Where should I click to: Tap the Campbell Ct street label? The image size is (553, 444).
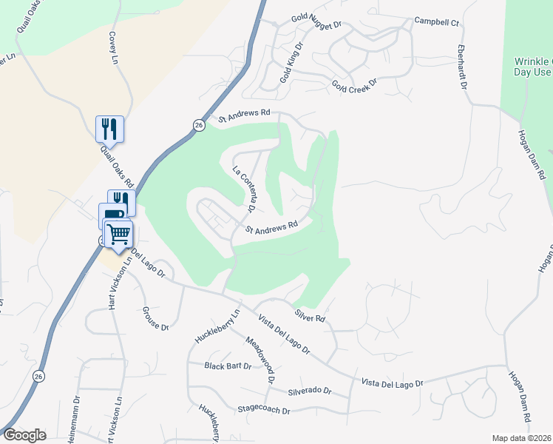(x=437, y=21)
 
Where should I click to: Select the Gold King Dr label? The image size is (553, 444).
(x=291, y=63)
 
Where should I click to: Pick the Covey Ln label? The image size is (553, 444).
(x=114, y=47)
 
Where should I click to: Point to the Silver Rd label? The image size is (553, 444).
(x=310, y=317)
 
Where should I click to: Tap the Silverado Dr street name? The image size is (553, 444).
(x=310, y=391)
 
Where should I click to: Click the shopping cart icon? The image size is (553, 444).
(x=118, y=234)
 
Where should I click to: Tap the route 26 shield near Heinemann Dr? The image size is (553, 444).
(x=38, y=377)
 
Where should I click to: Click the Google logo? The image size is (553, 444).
(x=24, y=434)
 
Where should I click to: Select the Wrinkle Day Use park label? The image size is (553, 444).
(x=533, y=67)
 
